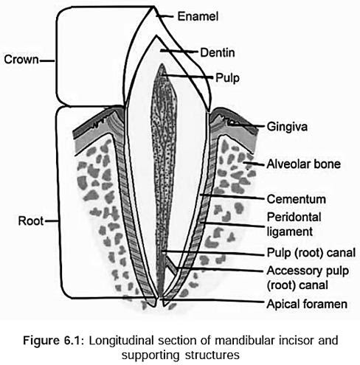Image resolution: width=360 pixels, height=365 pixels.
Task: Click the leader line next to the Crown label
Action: [x=46, y=59]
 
